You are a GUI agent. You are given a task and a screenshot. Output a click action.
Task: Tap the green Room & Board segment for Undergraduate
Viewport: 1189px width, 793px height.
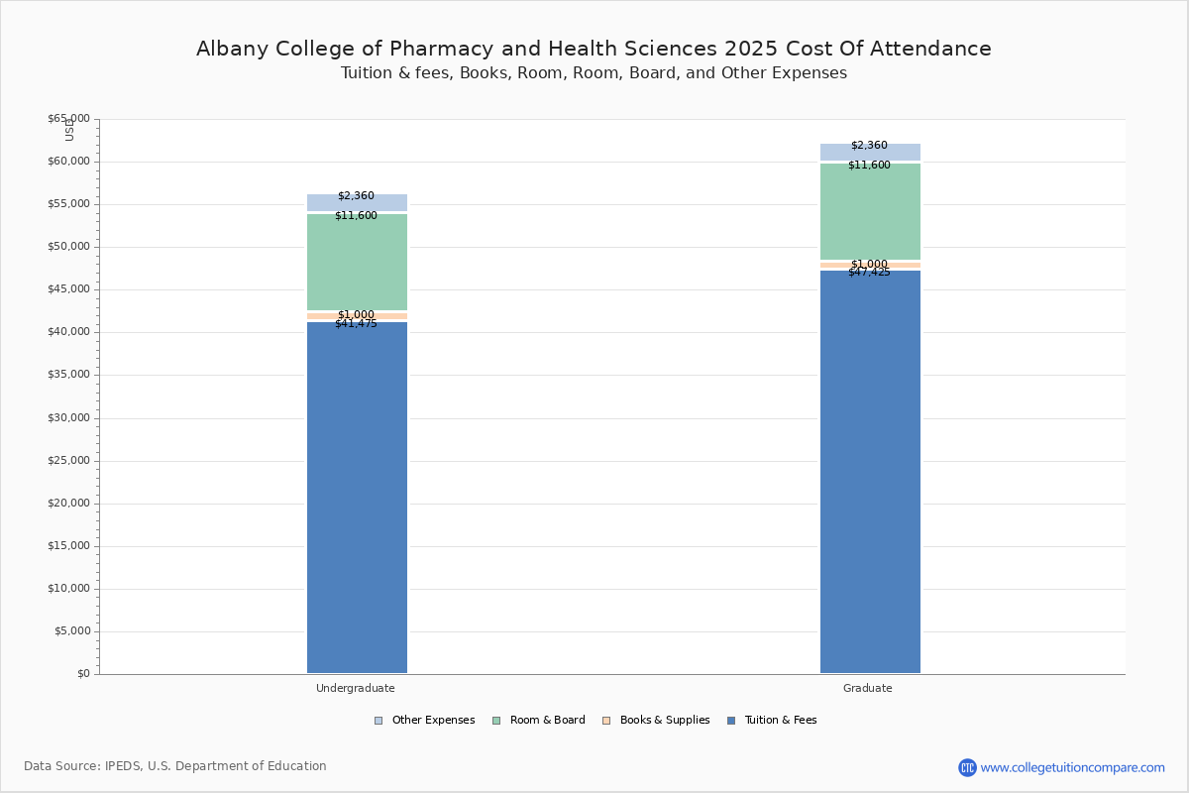pyautogui.click(x=357, y=263)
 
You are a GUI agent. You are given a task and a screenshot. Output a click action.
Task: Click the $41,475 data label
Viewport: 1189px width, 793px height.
pyautogui.click(x=356, y=324)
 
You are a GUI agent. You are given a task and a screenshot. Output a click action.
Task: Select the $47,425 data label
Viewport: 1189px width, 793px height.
pyautogui.click(x=869, y=273)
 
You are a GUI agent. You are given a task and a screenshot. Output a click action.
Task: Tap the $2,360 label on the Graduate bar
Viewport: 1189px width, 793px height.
pyautogui.click(x=869, y=146)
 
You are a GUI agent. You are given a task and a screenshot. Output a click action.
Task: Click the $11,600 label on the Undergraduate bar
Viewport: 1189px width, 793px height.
pyautogui.click(x=356, y=216)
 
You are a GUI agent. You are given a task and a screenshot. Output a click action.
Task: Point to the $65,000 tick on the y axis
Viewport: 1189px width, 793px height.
pyautogui.click(x=68, y=119)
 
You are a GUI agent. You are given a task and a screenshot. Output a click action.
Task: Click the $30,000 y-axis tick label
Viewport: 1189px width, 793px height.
pyautogui.click(x=68, y=418)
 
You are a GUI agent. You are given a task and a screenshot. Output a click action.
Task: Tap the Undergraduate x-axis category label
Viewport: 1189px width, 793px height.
pyautogui.click(x=356, y=688)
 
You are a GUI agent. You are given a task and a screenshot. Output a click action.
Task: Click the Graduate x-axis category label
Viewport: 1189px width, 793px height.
pyautogui.click(x=868, y=688)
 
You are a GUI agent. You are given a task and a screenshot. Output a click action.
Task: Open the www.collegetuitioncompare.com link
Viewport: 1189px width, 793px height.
pyautogui.click(x=1072, y=767)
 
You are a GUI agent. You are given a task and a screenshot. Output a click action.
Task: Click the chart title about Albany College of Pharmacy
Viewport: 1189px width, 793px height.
pyautogui.click(x=594, y=49)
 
